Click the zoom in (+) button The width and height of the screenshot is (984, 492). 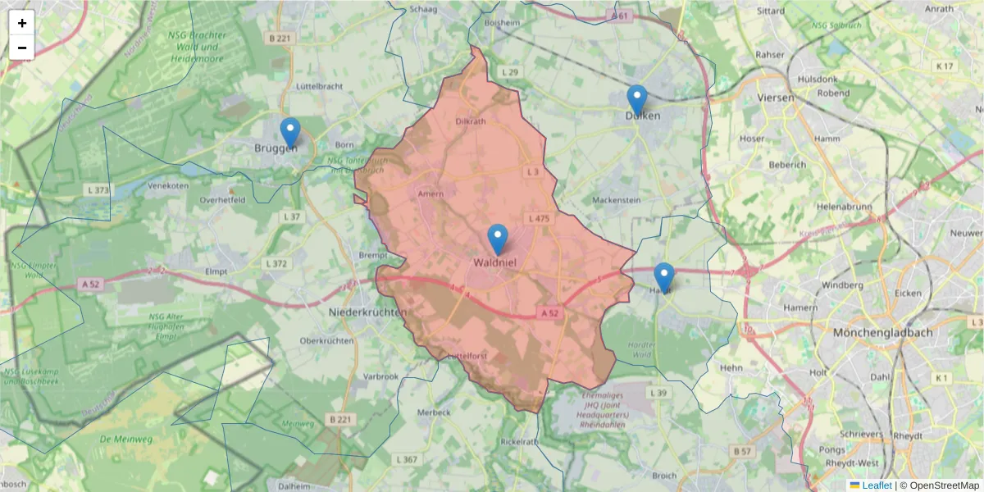pyautogui.click(x=22, y=23)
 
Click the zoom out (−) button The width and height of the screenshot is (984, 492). pyautogui.click(x=22, y=48)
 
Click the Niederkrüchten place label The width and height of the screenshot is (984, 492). pyautogui.click(x=367, y=312)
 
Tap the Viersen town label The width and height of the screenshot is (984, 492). pyautogui.click(x=777, y=98)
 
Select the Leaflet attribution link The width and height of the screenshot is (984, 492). pyautogui.click(x=876, y=485)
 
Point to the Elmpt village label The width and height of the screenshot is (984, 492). pyautogui.click(x=216, y=271)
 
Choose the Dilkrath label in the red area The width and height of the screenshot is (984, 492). pyautogui.click(x=471, y=121)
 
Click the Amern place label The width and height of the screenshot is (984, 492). pyautogui.click(x=430, y=194)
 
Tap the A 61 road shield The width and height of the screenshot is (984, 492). pyautogui.click(x=623, y=16)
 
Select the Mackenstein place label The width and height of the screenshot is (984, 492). pyautogui.click(x=616, y=200)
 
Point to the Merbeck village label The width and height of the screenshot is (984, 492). pyautogui.click(x=434, y=412)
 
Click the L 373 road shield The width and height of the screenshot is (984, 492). pyautogui.click(x=98, y=190)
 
